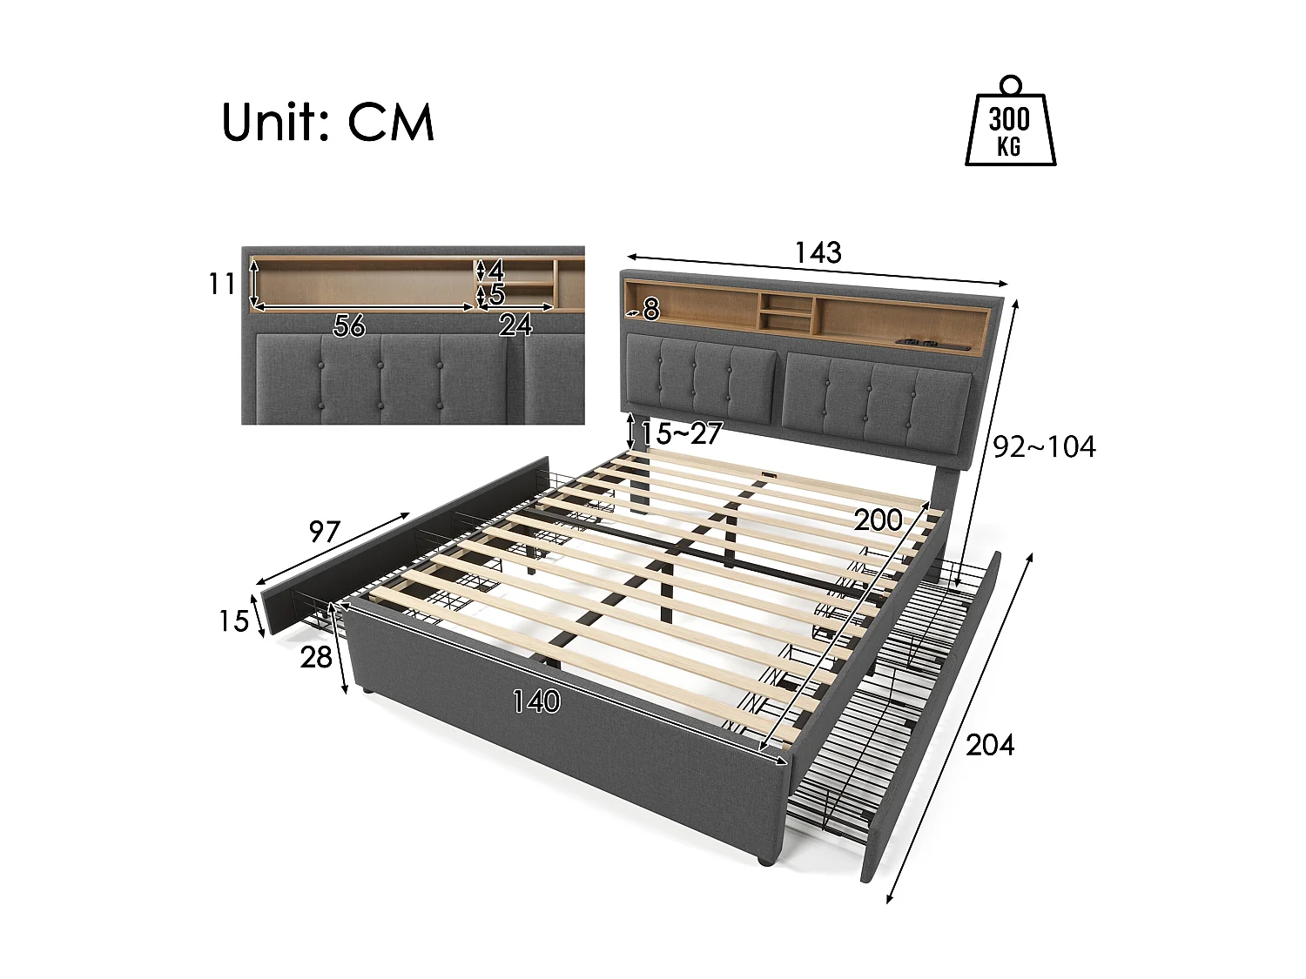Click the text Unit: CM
[x=327, y=123]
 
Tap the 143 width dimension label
[x=818, y=252]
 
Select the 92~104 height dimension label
[x=1044, y=447]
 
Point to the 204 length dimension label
[x=990, y=745]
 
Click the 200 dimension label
[x=878, y=520]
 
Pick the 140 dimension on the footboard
[x=536, y=701]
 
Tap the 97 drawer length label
[x=324, y=532]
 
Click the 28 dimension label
[x=316, y=657]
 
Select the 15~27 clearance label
[x=682, y=433]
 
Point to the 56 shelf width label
[x=349, y=325]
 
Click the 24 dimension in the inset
[x=515, y=325]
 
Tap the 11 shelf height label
[x=222, y=284]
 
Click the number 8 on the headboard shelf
[x=651, y=309]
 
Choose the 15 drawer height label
[x=233, y=621]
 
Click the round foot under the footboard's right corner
[x=764, y=861]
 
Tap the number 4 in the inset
[x=496, y=269]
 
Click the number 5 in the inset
[x=497, y=295]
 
